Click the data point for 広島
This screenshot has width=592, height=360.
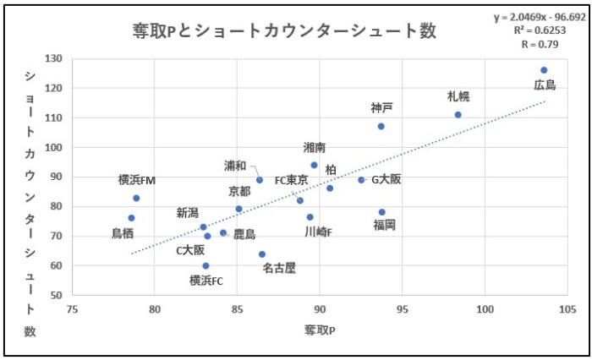point(544,70)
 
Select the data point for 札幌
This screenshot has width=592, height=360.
point(458,115)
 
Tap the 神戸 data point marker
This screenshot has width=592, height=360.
point(381,126)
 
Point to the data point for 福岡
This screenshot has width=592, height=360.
point(381,212)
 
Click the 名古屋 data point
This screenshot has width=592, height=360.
point(262,254)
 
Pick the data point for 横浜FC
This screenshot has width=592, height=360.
point(206,265)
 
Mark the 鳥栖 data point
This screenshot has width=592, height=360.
point(131,218)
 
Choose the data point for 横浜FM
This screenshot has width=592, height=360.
point(136,198)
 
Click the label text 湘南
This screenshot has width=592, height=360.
point(315,148)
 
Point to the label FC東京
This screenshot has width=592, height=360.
point(291,180)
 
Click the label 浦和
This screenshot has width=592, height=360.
point(236,166)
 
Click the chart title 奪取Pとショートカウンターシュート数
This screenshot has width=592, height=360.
point(284,31)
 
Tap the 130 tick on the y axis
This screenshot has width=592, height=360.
point(54,59)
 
